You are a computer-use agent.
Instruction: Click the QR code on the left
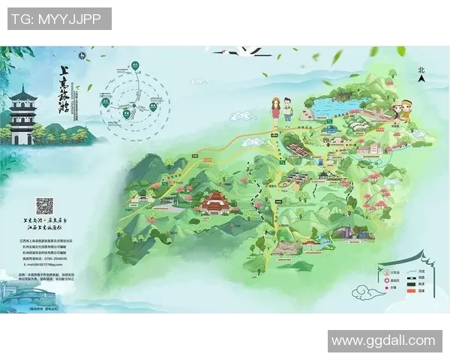coord(45,205)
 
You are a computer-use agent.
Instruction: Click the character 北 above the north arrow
coord(421,69)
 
